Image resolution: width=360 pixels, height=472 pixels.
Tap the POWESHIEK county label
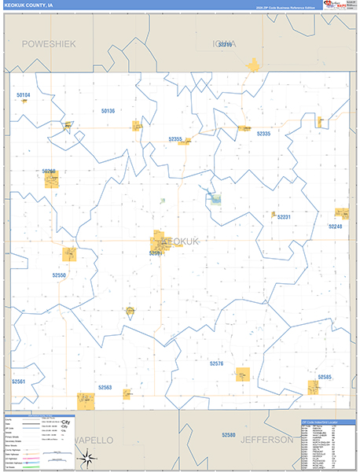(49, 44)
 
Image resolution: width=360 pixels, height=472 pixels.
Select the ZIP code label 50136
(108, 111)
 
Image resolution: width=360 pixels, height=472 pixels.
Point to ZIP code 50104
(23, 95)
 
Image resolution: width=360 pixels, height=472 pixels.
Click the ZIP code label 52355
(175, 139)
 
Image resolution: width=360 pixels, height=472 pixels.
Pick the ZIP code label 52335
(263, 134)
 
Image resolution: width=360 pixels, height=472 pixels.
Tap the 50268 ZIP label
(50, 171)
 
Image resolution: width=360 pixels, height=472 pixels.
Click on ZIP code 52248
(336, 226)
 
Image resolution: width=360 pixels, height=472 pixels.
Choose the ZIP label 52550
(60, 275)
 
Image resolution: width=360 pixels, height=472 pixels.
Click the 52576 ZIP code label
(217, 363)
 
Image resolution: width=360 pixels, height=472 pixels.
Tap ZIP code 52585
(325, 377)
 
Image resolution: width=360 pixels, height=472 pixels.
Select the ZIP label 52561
(19, 381)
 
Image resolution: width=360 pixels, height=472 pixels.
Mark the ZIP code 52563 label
(105, 387)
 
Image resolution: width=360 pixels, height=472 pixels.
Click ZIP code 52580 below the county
(228, 435)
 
